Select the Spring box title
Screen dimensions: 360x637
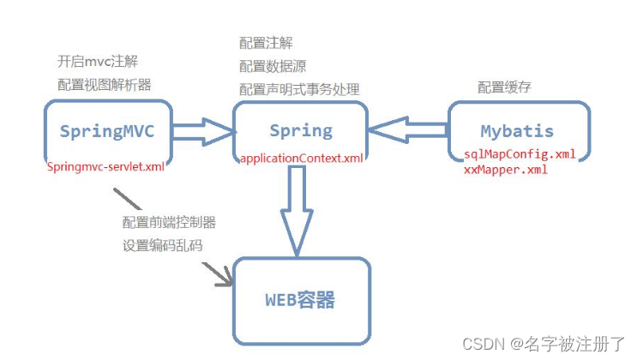click(x=300, y=130)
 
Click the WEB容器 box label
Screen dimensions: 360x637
click(x=299, y=301)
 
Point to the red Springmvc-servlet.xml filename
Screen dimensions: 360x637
click(x=105, y=166)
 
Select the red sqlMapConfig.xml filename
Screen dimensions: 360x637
click(x=514, y=154)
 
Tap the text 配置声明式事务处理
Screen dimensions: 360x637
click(x=299, y=89)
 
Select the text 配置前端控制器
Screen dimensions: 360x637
click(x=169, y=222)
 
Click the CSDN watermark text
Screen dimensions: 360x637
click(x=544, y=345)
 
